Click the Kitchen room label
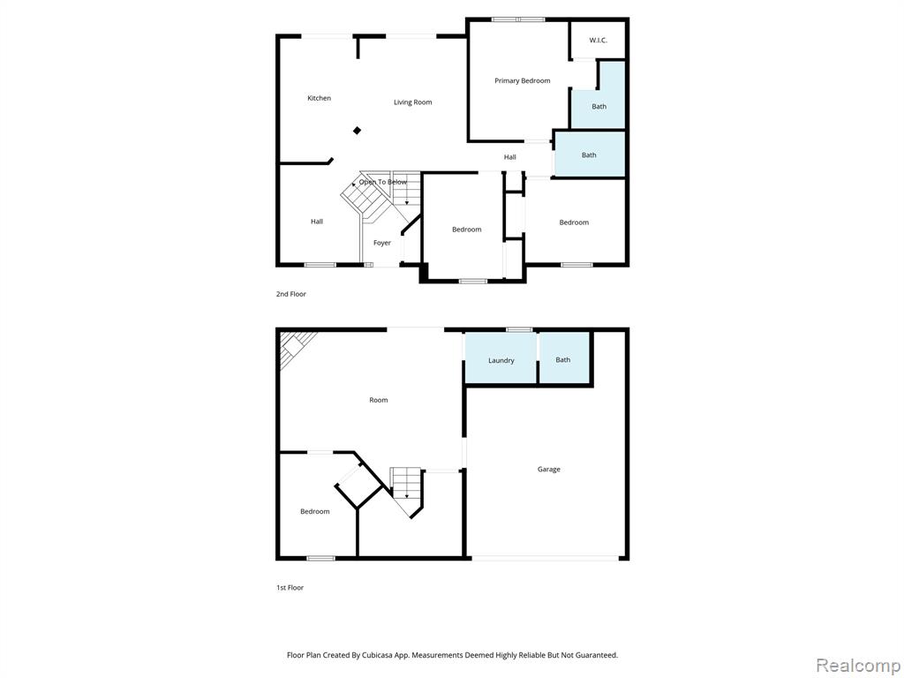pos(319,98)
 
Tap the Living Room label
pos(412,102)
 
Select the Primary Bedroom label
pos(522,81)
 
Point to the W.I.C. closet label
pos(598,40)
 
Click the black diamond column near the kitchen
pos(358,131)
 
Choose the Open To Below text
pos(383,182)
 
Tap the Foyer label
pos(381,243)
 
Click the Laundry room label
pos(501,360)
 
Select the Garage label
pos(548,470)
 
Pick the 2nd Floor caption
pos(291,294)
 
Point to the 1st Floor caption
pos(290,587)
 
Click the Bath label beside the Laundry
pos(562,359)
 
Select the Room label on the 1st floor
pos(378,400)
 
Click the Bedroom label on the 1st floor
pos(314,512)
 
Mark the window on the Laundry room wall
pos(519,329)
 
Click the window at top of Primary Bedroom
pos(518,19)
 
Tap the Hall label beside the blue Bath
pos(509,157)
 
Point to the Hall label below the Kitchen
pos(316,222)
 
